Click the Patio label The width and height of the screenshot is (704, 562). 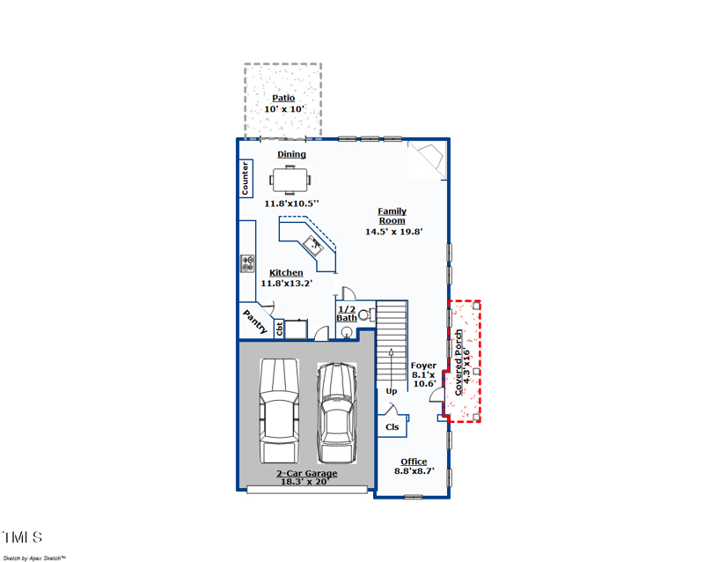coord(283,98)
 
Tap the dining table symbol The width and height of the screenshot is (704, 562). coord(290,181)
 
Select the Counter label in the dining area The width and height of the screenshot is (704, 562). coord(246,179)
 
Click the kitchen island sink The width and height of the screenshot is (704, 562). coord(313,243)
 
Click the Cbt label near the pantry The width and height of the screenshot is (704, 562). coord(280,329)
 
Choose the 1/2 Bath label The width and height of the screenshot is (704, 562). coord(347,314)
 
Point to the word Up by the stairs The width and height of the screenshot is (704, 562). coord(392,390)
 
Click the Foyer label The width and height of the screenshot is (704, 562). coord(423,366)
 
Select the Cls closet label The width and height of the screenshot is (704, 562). coord(392,427)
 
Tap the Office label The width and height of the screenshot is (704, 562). coord(414,462)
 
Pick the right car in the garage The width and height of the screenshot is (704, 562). coord(335,412)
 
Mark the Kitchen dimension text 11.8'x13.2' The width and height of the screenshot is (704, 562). coord(287,284)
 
